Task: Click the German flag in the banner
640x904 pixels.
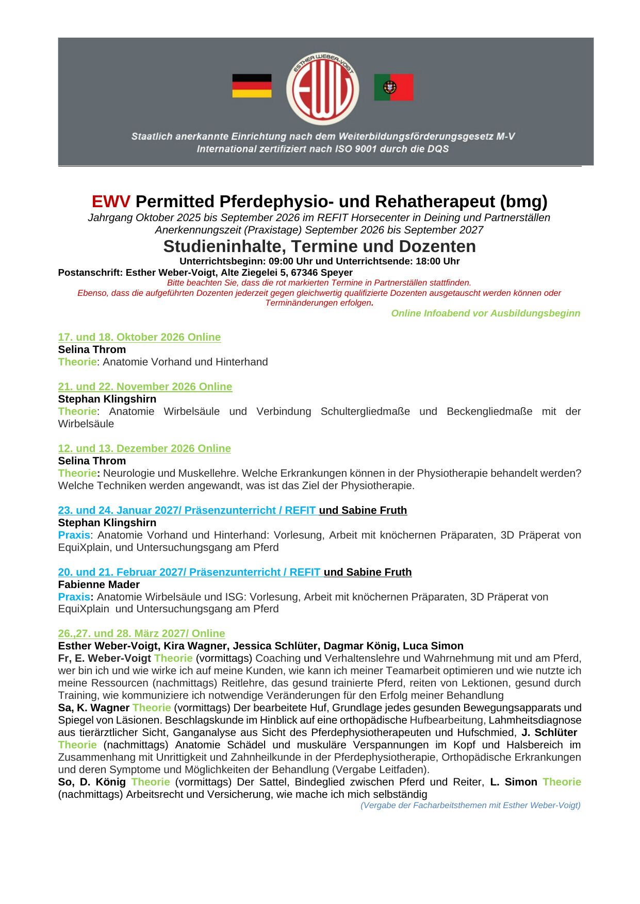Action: (252, 86)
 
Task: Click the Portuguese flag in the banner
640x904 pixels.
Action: (393, 87)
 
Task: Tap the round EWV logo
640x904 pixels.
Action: (323, 89)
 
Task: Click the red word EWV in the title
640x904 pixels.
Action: (111, 201)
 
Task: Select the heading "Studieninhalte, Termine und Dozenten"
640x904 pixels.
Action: (319, 246)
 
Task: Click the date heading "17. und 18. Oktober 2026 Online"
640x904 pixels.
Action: (139, 337)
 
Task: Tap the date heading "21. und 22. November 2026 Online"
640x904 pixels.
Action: (145, 387)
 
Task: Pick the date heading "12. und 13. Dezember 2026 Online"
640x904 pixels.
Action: (144, 448)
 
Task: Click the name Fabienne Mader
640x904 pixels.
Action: (99, 584)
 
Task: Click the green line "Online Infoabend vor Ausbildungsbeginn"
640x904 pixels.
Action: (485, 313)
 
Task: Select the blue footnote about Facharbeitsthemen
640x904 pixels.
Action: (470, 805)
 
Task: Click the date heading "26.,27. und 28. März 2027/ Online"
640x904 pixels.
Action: (141, 633)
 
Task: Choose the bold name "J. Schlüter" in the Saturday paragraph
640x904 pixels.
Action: (549, 732)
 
